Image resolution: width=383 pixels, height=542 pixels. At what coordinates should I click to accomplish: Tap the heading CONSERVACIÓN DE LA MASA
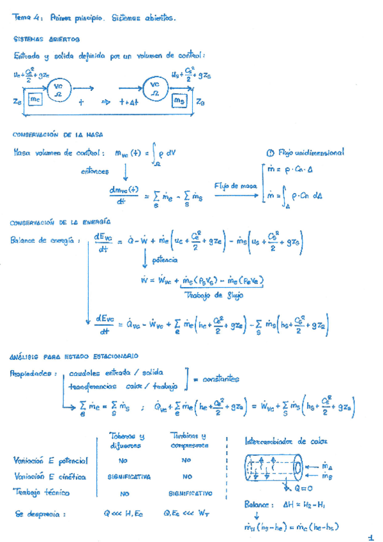[x=57, y=135]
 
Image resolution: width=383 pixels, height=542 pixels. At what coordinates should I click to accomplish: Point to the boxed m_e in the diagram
[x=36, y=99]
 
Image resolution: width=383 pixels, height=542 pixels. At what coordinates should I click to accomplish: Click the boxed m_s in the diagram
[x=179, y=100]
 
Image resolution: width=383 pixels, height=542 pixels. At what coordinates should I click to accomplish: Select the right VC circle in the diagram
[x=155, y=88]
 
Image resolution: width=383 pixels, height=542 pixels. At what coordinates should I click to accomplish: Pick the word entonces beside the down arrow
[x=95, y=171]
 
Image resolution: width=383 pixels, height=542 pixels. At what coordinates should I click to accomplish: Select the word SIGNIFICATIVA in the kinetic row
[x=129, y=477]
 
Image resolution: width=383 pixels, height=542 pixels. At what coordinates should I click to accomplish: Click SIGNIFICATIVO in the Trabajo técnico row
[x=190, y=494]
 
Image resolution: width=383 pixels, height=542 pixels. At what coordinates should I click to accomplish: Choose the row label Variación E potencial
[x=50, y=460]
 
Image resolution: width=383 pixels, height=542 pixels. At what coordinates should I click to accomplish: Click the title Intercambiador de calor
[x=285, y=442]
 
